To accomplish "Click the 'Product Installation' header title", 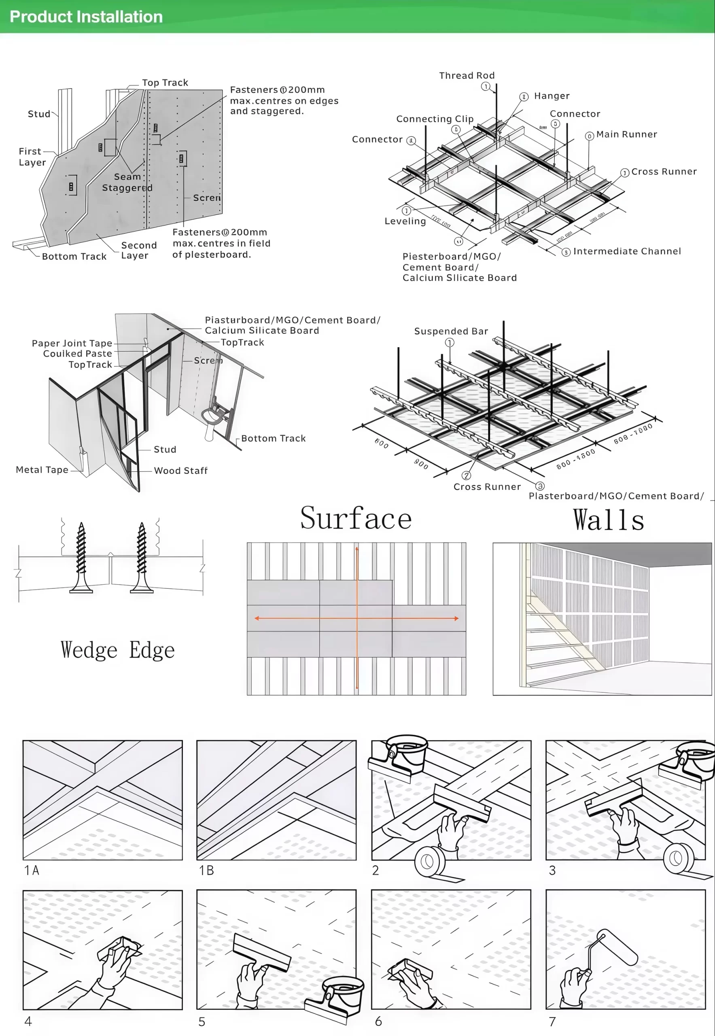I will pyautogui.click(x=86, y=17).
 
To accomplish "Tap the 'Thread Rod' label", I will pyautogui.click(x=467, y=76).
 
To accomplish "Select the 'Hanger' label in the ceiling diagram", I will pyautogui.click(x=552, y=96).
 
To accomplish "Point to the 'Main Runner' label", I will pyautogui.click(x=626, y=134).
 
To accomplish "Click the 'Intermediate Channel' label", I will pyautogui.click(x=627, y=251).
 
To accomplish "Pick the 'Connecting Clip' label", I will pyautogui.click(x=435, y=119).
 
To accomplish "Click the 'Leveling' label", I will pyautogui.click(x=405, y=221).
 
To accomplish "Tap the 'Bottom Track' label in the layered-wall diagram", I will pyautogui.click(x=74, y=256).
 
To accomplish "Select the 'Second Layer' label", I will pyautogui.click(x=139, y=251).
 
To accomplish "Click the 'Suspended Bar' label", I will pyautogui.click(x=451, y=331).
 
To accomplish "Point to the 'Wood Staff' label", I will pyautogui.click(x=180, y=471).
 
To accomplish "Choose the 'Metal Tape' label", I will pyautogui.click(x=42, y=469).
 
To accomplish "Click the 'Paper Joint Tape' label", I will pyautogui.click(x=72, y=343).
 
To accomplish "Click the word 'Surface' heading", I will pyautogui.click(x=356, y=518).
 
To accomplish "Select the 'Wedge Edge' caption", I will pyautogui.click(x=117, y=650).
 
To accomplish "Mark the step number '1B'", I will pyautogui.click(x=206, y=870).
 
